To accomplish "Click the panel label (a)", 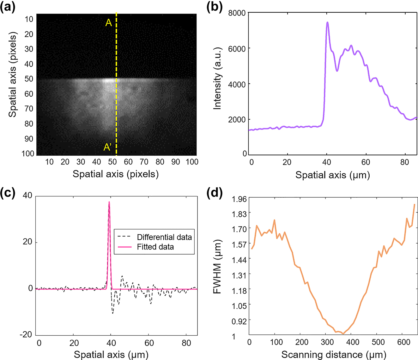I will coord(8,7).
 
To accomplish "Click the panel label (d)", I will coord(214,192).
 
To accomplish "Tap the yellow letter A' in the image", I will coord(108,147).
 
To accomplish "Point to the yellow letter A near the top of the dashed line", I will coord(108,22).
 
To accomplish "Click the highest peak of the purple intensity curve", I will coord(327,22).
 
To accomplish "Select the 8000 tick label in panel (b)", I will coord(237,13).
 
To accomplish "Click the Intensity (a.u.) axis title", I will coord(217,79).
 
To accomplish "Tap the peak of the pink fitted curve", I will coord(109,202).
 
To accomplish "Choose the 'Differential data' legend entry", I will coord(164,237).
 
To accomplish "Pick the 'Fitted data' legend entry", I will coord(155,247).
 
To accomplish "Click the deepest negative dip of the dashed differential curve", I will coord(112,313).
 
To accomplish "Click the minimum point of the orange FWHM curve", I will coord(343,334).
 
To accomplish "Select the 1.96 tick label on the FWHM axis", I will coord(239,199).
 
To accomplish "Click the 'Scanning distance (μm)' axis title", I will coord(334,355).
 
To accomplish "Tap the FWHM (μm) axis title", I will coord(217,267).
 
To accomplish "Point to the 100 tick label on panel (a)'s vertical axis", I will coord(28,153).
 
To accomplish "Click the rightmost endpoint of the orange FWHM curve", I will coord(414,204).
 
